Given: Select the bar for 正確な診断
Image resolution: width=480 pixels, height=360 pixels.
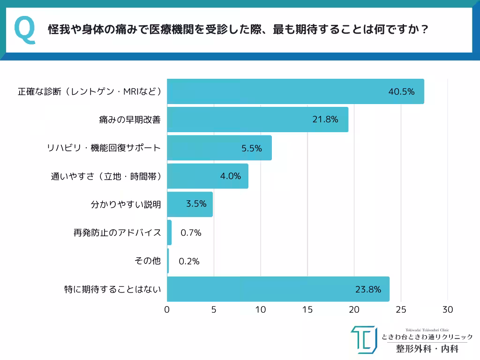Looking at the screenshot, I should coord(295,91).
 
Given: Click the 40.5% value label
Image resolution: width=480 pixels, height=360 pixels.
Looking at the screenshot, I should coord(401,92).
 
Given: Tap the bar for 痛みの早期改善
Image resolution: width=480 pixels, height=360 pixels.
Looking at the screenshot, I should coord(258,120).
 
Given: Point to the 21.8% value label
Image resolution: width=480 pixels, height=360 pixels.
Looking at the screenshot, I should coord(325,120).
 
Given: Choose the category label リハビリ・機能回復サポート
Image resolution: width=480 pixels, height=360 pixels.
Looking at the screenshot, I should coord(104,148).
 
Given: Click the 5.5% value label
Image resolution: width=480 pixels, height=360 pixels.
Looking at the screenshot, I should coord(252,148).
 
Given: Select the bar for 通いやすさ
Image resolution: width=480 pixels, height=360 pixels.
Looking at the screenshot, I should coord(208,176).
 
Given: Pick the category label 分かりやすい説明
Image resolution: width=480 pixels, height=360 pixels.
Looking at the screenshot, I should coord(126,205).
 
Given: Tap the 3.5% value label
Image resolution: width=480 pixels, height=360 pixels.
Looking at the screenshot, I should coord(196,205).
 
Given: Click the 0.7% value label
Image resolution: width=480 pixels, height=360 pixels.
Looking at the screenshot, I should coord(190,232).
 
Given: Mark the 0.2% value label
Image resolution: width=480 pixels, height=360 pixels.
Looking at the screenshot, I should coord(189,261).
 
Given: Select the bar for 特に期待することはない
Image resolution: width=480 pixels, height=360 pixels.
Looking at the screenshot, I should coord(278,289).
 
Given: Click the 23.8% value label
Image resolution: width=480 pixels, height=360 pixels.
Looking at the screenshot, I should coord(368,289).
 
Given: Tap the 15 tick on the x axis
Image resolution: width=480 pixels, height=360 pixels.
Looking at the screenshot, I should coord(307,310).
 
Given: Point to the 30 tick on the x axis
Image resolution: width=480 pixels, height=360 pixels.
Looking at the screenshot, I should coord(448,310).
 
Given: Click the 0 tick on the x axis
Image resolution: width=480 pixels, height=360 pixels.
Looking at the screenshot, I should coord(167,310).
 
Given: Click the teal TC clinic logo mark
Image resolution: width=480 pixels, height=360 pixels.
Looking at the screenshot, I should coord(364,339).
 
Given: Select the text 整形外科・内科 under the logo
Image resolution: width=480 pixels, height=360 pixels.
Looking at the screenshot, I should coord(427,349).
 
